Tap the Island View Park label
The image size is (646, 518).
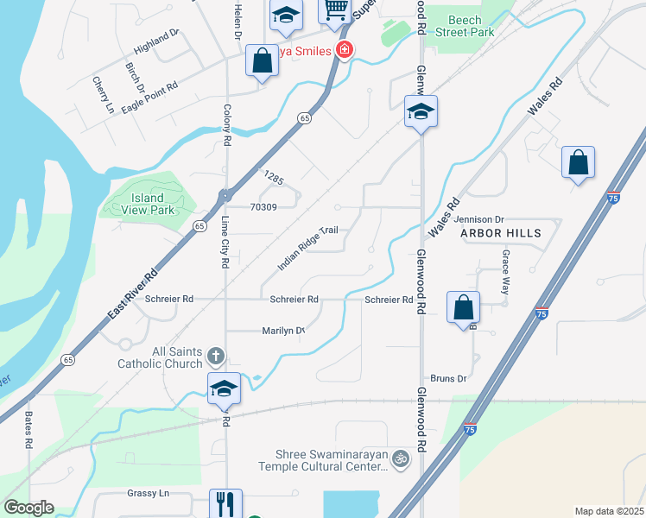148,204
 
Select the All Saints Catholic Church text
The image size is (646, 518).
164,357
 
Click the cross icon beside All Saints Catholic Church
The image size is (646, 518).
216,356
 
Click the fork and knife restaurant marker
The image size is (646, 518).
225,503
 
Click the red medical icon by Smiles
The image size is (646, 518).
345,51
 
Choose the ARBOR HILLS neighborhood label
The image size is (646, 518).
500,233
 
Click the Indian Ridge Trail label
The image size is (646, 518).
306,249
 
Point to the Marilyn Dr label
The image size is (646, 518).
283,331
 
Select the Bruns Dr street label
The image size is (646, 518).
448,378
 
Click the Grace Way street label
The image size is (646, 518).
506,273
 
